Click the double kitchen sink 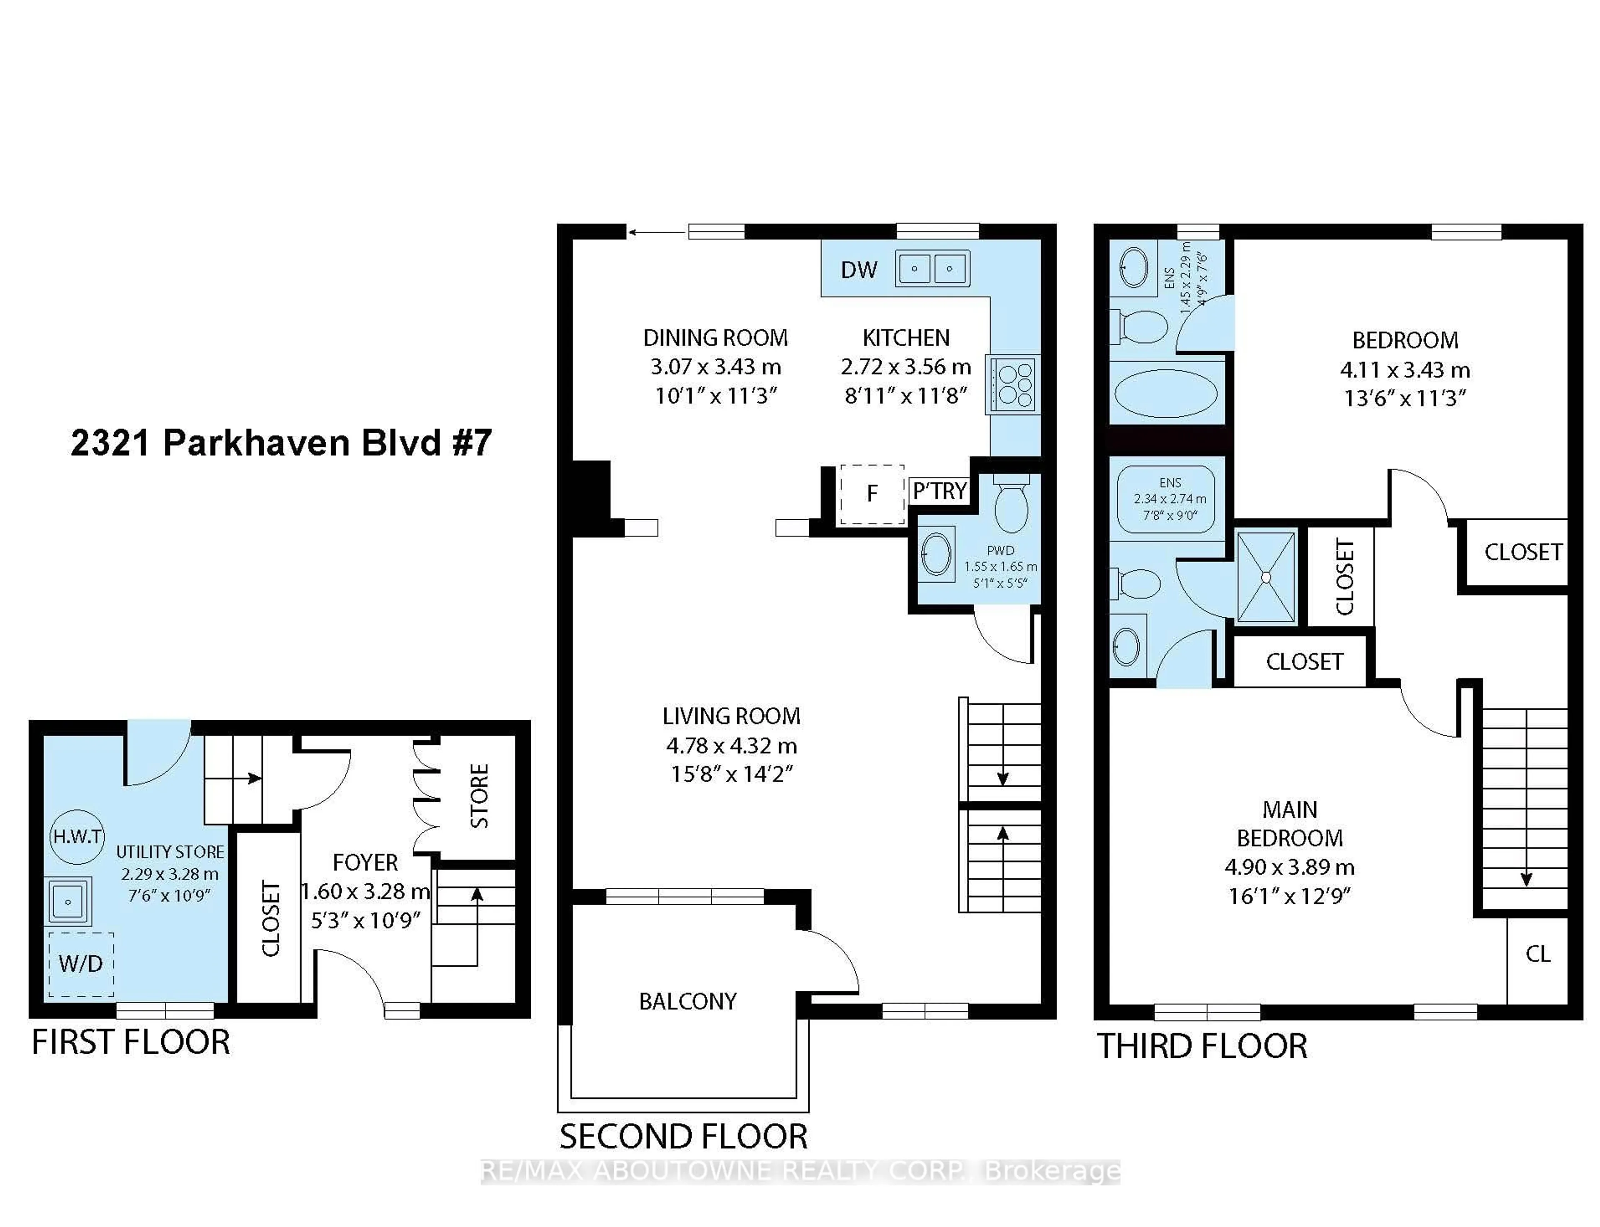(932, 268)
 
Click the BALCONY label (687, 1001)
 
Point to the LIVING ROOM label (731, 716)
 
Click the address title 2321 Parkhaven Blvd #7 (281, 443)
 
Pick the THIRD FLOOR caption (1202, 1047)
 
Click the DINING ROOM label (715, 338)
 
